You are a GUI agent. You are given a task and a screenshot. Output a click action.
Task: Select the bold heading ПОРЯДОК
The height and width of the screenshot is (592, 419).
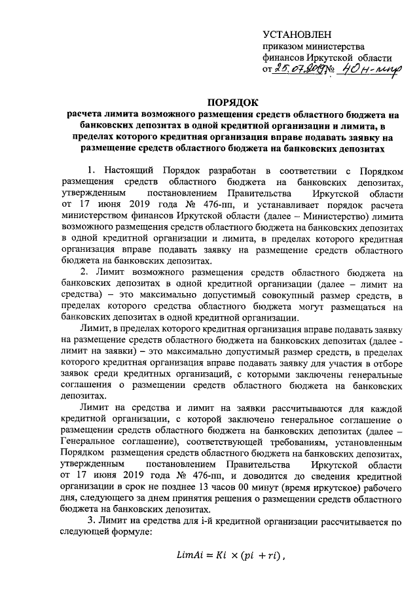(234, 102)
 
